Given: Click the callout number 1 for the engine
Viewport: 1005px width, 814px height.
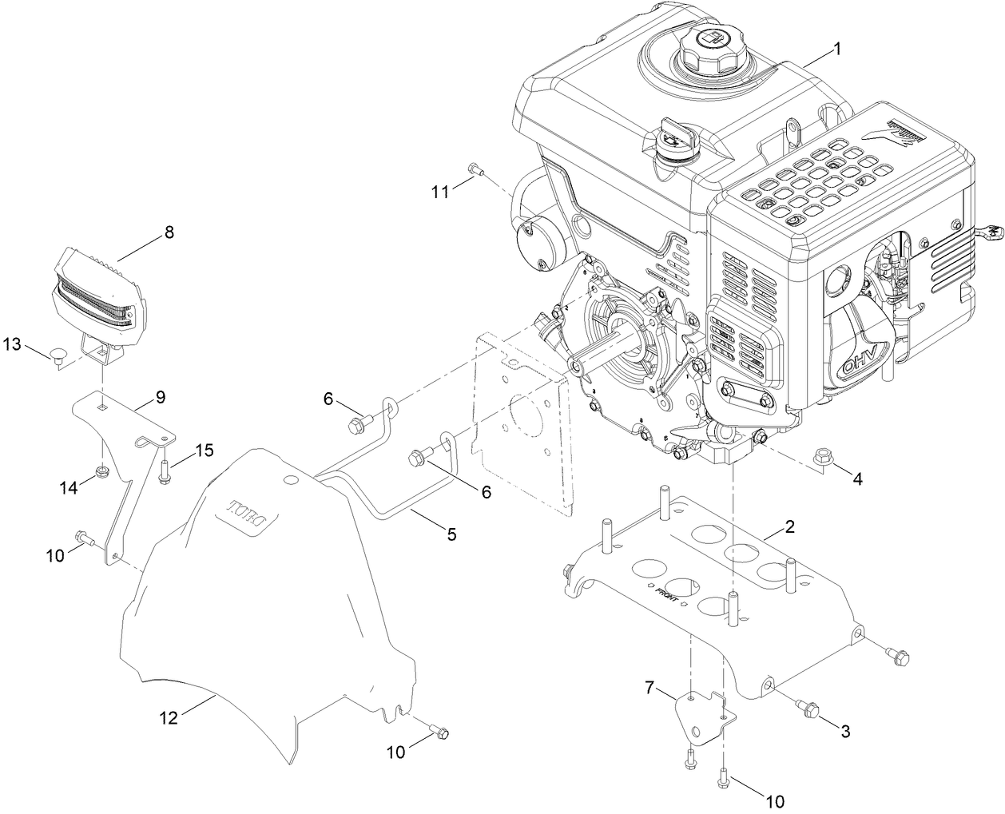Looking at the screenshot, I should tap(836, 49).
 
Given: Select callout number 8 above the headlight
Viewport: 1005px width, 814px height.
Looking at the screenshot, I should tap(168, 232).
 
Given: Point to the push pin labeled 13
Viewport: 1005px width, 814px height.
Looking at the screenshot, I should tap(60, 355).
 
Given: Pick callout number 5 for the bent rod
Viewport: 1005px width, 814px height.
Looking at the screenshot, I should tap(451, 534).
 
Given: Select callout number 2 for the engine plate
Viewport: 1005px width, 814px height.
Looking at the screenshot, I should tap(789, 526).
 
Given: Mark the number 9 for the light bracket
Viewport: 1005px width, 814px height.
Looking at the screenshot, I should tap(160, 396).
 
